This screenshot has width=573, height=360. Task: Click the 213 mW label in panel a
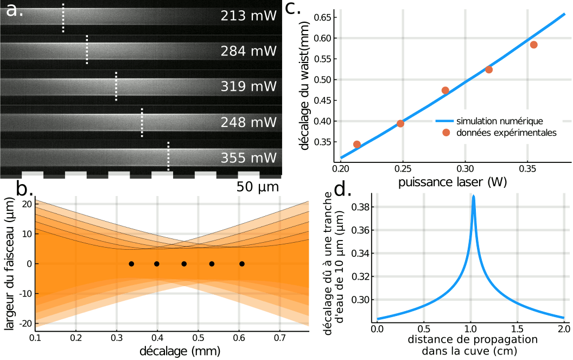coord(249,16)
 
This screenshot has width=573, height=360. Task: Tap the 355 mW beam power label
coord(249,158)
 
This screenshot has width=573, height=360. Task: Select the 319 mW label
coord(249,87)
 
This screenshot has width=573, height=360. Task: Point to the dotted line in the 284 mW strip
coord(87,50)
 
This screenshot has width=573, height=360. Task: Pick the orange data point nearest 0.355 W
coord(534,45)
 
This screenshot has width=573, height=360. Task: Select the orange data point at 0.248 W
coord(400,123)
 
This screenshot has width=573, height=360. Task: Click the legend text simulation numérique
coord(500,120)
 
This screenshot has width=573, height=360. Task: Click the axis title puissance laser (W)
coord(453,182)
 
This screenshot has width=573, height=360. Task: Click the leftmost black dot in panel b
coord(131,264)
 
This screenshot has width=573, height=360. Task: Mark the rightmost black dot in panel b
coord(242,264)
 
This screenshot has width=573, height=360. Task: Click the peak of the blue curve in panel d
coord(474,197)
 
